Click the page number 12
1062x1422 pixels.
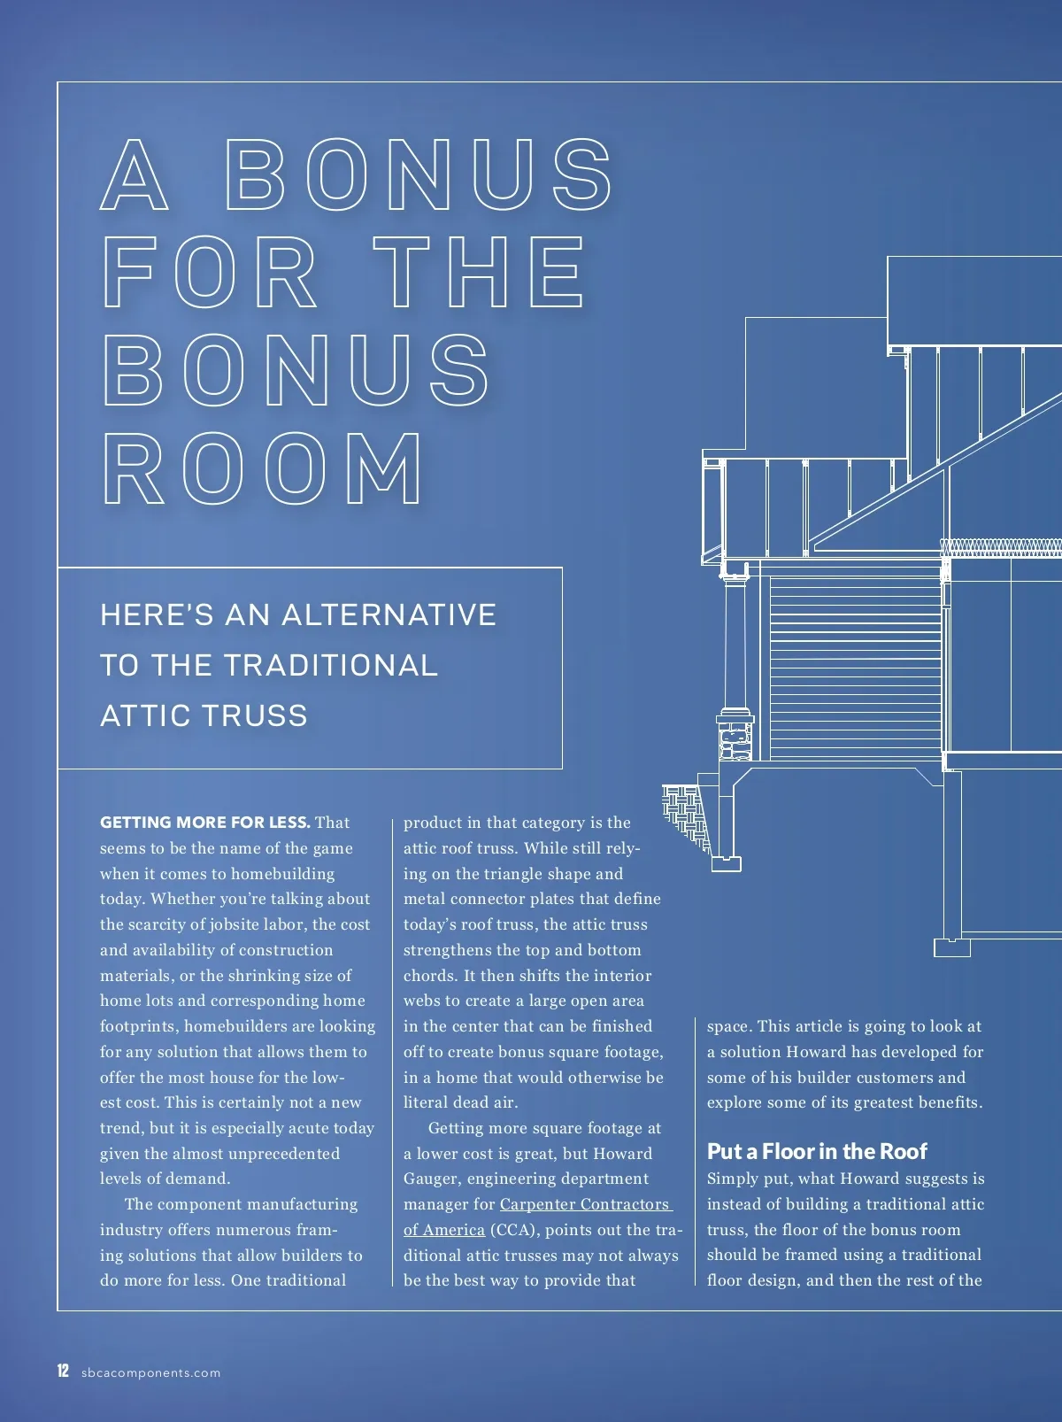pyautogui.click(x=63, y=1372)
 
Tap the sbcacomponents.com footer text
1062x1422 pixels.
pyautogui.click(x=150, y=1373)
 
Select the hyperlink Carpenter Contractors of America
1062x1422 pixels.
pyautogui.click(x=584, y=1204)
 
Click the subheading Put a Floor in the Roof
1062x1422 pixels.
pyautogui.click(x=816, y=1151)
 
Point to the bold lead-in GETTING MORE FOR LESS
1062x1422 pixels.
pyautogui.click(x=204, y=823)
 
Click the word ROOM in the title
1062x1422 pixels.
pyautogui.click(x=264, y=469)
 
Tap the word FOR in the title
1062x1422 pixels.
pyautogui.click(x=211, y=273)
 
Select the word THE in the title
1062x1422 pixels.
pyautogui.click(x=478, y=273)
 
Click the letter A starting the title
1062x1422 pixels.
pyautogui.click(x=135, y=174)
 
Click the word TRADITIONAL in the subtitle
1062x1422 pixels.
pyautogui.click(x=330, y=665)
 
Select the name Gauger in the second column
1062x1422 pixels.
pyautogui.click(x=432, y=1179)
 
